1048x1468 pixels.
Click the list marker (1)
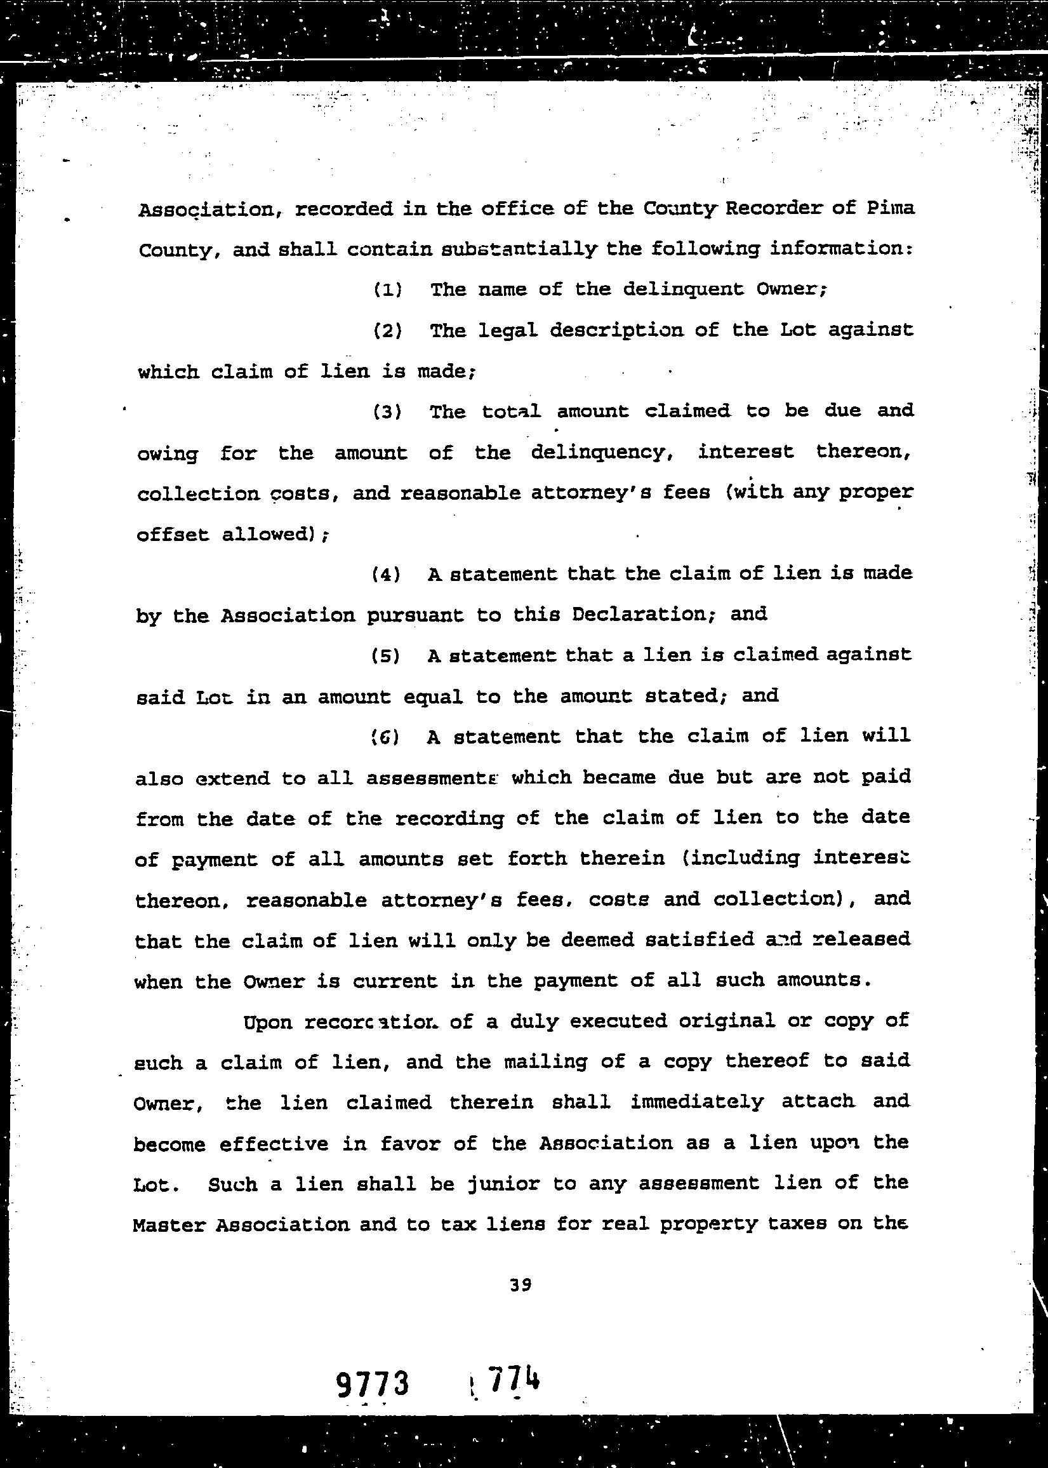pos(388,290)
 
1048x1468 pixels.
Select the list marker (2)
pos(388,331)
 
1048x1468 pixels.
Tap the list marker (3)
pos(388,412)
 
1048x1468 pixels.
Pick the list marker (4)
pos(387,574)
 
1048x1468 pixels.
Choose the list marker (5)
pos(386,656)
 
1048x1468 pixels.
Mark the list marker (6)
pos(386,737)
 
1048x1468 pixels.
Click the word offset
pos(172,535)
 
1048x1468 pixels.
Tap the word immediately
pos(697,1102)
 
